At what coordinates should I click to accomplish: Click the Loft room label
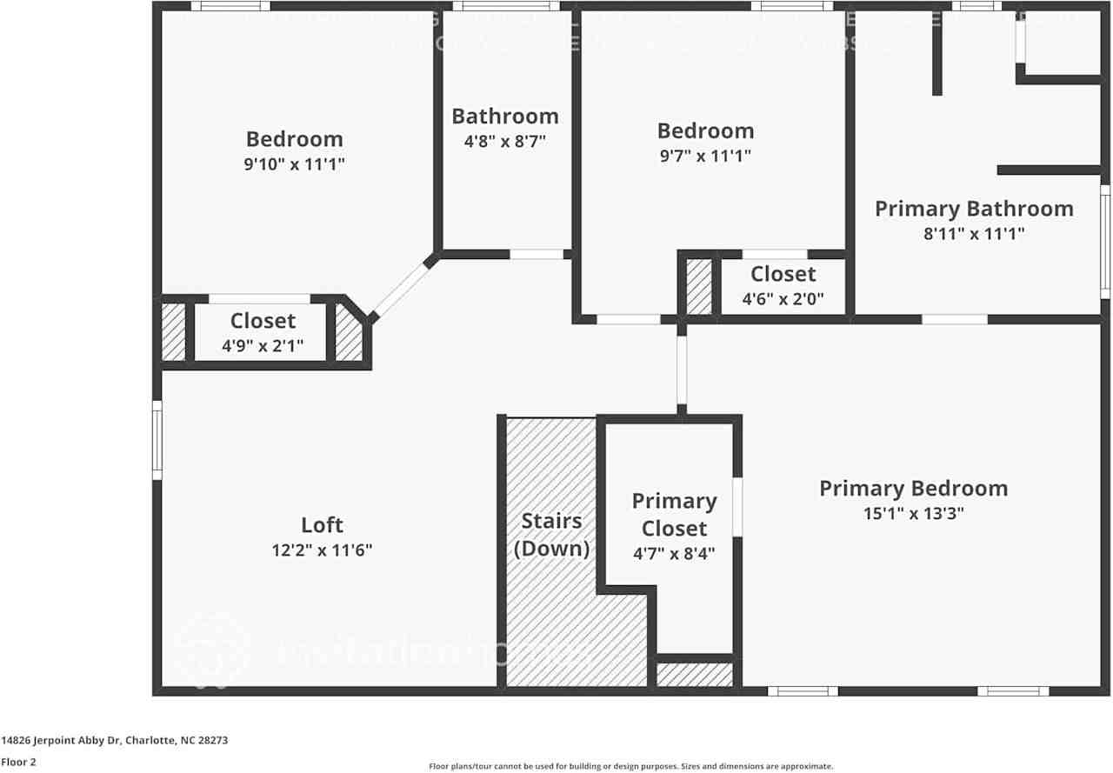(x=322, y=525)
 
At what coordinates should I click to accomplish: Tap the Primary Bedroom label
(x=913, y=489)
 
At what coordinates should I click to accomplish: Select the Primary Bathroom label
(x=974, y=209)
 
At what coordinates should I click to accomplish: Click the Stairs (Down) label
(x=551, y=535)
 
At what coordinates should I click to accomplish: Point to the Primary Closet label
(x=674, y=515)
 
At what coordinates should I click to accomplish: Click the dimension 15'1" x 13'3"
(x=913, y=513)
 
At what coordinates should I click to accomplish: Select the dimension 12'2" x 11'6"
(x=322, y=550)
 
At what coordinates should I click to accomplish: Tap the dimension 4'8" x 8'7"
(x=504, y=141)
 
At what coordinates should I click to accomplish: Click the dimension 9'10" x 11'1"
(x=294, y=163)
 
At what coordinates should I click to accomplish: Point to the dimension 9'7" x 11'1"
(x=704, y=156)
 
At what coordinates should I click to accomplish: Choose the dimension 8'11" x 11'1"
(x=974, y=233)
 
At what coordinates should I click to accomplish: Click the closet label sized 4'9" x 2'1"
(x=263, y=321)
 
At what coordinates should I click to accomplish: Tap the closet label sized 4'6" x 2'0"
(x=783, y=274)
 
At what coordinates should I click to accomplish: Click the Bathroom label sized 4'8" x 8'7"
(x=504, y=117)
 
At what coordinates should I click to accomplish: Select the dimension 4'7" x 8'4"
(x=674, y=553)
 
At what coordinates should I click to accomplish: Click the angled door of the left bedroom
(x=401, y=290)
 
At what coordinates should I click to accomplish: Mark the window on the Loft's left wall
(x=157, y=439)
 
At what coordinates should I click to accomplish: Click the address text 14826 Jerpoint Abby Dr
(x=61, y=741)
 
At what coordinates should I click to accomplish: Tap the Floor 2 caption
(x=17, y=762)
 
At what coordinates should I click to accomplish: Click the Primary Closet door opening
(x=736, y=506)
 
